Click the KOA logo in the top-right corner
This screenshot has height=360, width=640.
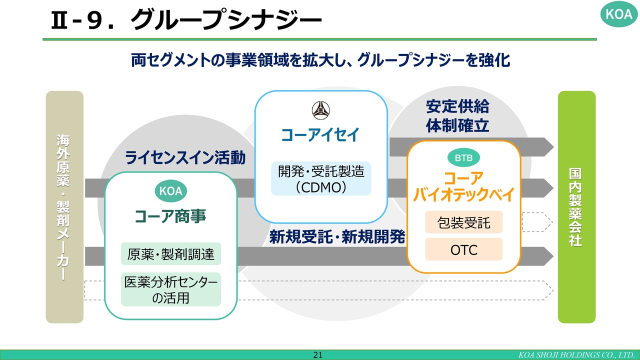[x=619, y=14]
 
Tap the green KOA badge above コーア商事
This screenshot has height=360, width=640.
[x=171, y=191]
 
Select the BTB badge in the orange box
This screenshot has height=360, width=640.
[x=463, y=157]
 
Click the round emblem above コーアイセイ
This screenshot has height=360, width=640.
[x=321, y=110]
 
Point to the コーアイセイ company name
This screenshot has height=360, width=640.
[x=320, y=135]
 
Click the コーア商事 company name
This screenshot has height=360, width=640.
[x=170, y=216]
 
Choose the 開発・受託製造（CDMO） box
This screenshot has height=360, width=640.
[x=321, y=178]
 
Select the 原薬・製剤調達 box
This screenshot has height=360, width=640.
[x=171, y=253]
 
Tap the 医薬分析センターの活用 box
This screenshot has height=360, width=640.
[x=171, y=289]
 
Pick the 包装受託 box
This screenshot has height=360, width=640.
[x=463, y=222]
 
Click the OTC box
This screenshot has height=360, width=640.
[x=463, y=249]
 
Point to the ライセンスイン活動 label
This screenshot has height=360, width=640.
[x=185, y=157]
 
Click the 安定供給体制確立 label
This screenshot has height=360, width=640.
[x=457, y=115]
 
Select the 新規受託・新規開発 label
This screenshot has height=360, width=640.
[x=337, y=236]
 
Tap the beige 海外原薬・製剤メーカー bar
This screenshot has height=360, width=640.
[x=64, y=207]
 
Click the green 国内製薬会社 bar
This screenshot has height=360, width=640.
[x=577, y=207]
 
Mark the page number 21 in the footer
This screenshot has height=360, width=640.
[x=317, y=355]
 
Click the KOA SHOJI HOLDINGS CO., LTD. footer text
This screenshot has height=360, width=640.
[x=576, y=355]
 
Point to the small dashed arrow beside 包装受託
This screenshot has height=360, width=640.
[x=537, y=222]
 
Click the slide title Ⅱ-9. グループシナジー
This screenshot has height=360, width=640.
[x=186, y=19]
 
